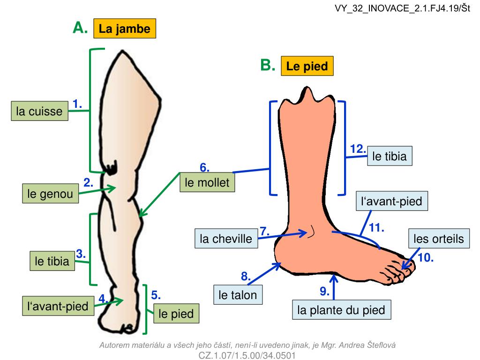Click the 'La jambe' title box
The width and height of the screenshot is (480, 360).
(x=124, y=29)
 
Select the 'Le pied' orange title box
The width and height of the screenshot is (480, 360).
(x=307, y=66)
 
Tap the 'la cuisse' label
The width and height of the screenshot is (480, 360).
(x=39, y=112)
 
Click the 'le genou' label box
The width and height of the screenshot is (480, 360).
(x=51, y=194)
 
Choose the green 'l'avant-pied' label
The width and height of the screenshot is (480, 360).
(x=58, y=306)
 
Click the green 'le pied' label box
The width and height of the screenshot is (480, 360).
(x=176, y=314)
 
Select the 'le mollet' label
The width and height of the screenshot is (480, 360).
(x=207, y=183)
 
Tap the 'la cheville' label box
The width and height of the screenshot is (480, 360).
(x=226, y=239)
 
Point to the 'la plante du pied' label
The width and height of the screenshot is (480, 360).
(x=341, y=310)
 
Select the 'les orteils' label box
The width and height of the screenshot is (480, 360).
(x=438, y=239)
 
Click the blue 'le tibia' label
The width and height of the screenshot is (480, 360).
(x=390, y=157)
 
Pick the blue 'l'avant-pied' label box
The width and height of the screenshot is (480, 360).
(x=392, y=202)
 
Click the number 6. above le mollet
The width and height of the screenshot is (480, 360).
(x=204, y=168)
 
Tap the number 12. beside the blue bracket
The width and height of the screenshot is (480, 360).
(x=358, y=149)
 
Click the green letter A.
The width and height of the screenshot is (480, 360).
(x=80, y=28)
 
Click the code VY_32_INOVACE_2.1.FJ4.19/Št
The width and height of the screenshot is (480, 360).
(x=402, y=9)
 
